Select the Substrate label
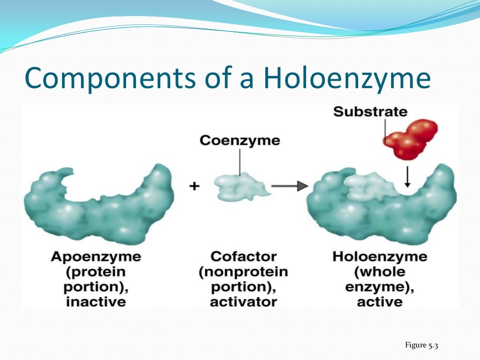click(370, 112)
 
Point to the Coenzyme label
click(240, 141)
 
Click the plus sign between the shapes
click(194, 186)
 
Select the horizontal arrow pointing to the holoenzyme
click(289, 186)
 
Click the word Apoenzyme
click(96, 257)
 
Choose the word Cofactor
click(243, 257)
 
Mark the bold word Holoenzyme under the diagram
click(380, 257)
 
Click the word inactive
click(96, 301)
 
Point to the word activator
click(243, 301)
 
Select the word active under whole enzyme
click(380, 301)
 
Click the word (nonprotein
click(243, 272)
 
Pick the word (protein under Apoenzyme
click(96, 272)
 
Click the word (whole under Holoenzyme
click(380, 272)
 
